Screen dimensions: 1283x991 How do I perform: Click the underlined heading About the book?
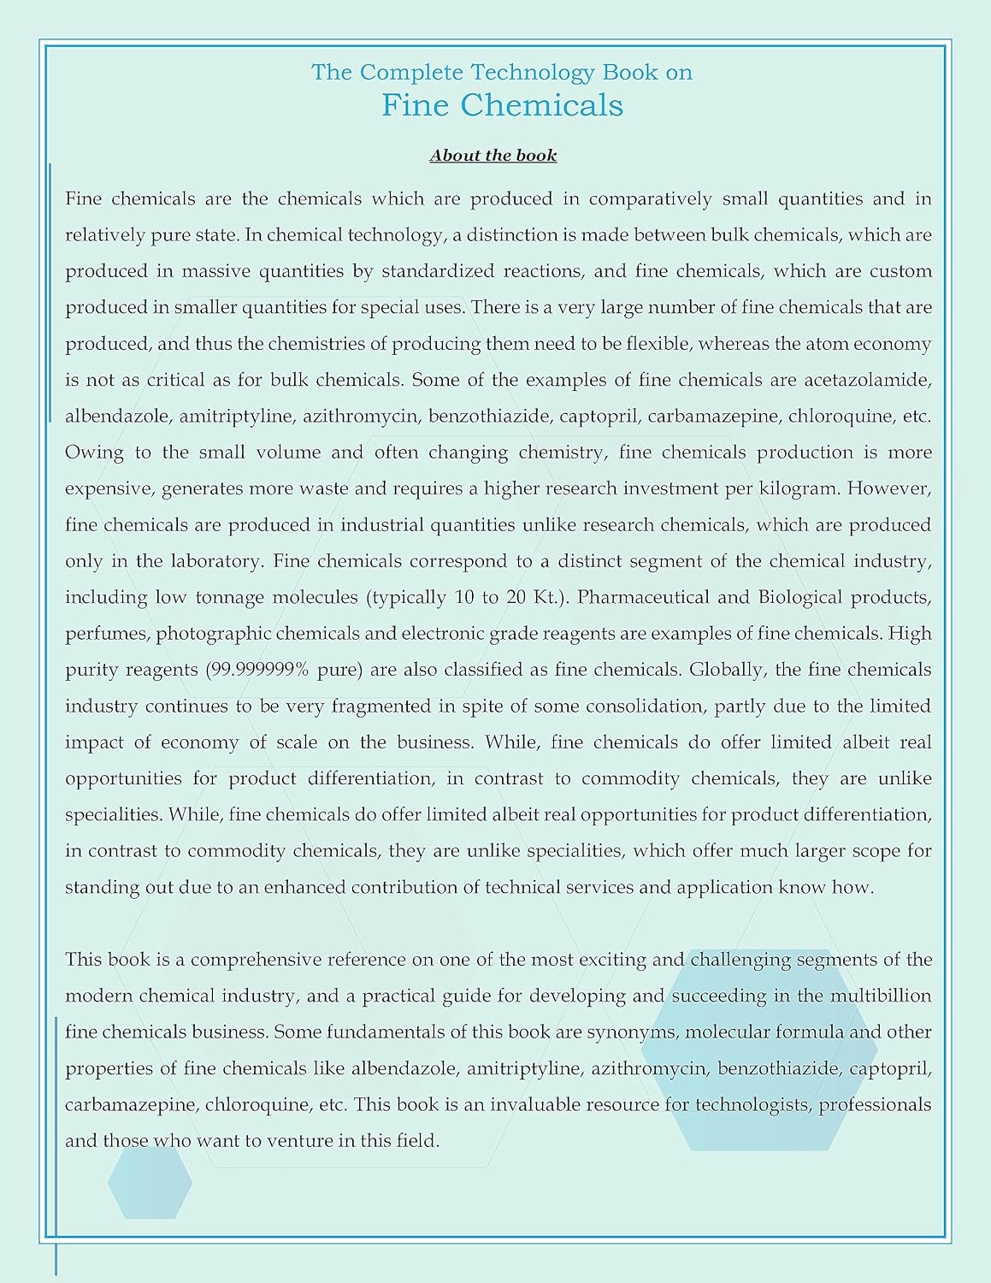[x=493, y=156]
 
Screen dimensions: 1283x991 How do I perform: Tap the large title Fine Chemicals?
[x=502, y=105]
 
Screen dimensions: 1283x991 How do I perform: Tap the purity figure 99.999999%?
[x=257, y=670]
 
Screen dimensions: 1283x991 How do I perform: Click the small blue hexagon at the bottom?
[x=150, y=1182]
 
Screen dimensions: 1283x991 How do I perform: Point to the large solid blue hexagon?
[x=759, y=1049]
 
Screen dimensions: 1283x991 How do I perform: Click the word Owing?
[x=94, y=452]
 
